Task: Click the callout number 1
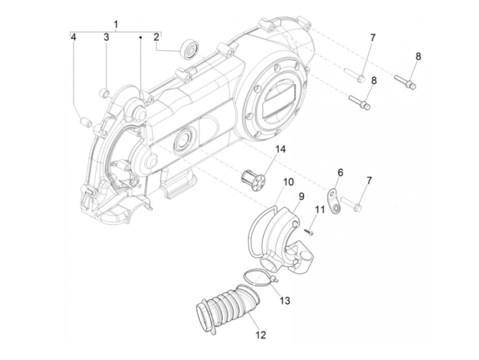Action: pyautogui.click(x=116, y=24)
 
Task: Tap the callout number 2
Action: pyautogui.click(x=156, y=37)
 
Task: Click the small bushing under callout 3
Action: pyautogui.click(x=104, y=92)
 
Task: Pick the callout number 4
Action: pyautogui.click(x=74, y=37)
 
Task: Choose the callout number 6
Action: pyautogui.click(x=340, y=172)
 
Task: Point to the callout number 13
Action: pyautogui.click(x=285, y=301)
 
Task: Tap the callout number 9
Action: pyautogui.click(x=301, y=196)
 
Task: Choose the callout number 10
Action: pyautogui.click(x=288, y=182)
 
